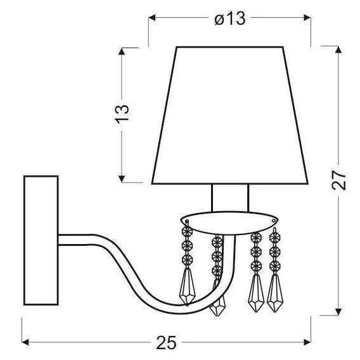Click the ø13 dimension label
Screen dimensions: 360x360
click(229, 19)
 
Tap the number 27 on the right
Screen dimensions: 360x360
click(340, 181)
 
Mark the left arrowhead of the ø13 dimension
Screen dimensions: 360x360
click(151, 19)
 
